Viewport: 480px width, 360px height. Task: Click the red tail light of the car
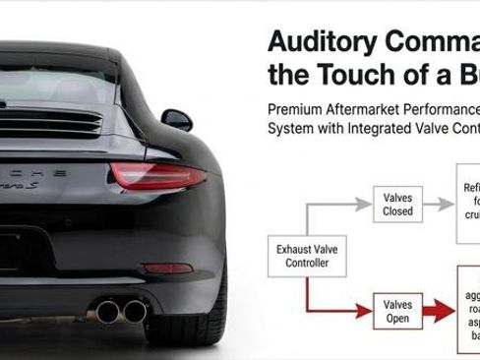point(157,176)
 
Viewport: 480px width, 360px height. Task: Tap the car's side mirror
point(178,119)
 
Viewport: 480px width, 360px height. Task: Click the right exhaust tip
point(135,311)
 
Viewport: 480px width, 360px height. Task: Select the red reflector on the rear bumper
point(167,268)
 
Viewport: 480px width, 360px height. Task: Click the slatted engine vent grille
point(49,122)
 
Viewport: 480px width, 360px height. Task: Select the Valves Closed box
point(397,204)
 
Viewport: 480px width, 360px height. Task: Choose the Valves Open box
point(397,312)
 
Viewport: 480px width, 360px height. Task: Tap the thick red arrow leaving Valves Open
point(440,312)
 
